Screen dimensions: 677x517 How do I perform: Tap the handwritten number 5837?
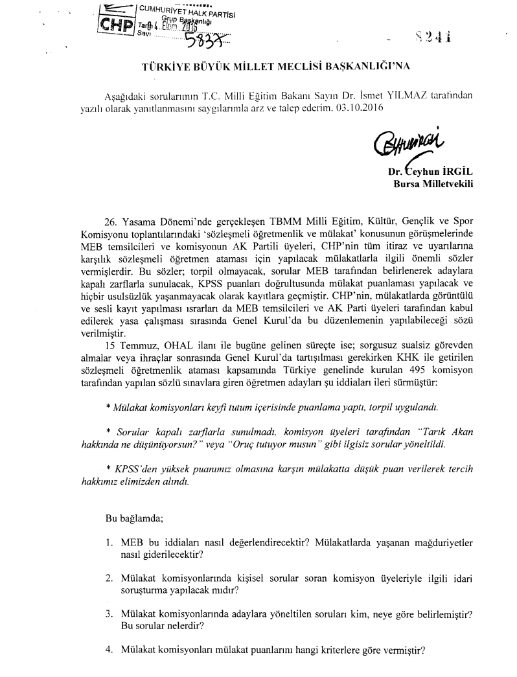202,42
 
